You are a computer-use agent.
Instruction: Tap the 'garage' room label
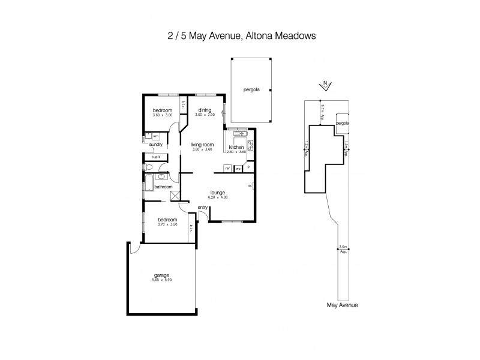(161, 275)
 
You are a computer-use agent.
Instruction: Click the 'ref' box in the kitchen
(228, 169)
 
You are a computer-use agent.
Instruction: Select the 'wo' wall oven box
(238, 169)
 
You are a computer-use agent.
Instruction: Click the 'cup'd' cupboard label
(156, 157)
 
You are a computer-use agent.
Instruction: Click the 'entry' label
(203, 208)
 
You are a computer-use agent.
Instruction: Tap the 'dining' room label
(205, 110)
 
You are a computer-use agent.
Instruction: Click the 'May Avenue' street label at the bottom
(342, 305)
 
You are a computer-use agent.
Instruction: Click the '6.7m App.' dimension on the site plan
(323, 111)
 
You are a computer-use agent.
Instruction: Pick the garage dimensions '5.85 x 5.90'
(161, 280)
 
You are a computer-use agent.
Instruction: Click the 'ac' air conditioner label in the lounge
(249, 185)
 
